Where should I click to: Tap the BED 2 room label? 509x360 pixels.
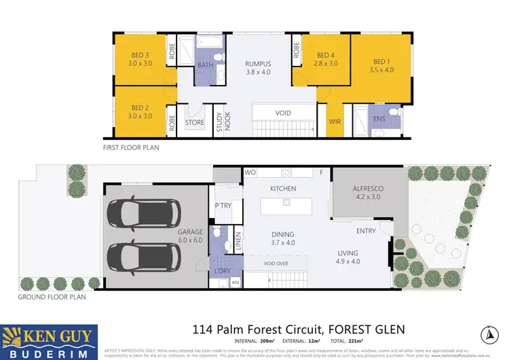tap(140, 107)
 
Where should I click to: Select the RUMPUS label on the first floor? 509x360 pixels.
tap(257, 65)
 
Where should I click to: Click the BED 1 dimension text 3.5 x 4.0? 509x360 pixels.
tap(382, 69)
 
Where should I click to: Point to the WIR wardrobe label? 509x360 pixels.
tap(334, 122)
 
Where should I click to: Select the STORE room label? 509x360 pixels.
tap(195, 123)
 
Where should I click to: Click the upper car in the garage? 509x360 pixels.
tap(144, 215)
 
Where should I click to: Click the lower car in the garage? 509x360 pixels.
tap(144, 256)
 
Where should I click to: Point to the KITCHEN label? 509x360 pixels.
tap(283, 187)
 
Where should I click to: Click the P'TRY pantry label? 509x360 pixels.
tap(223, 206)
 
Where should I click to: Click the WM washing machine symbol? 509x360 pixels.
tap(235, 282)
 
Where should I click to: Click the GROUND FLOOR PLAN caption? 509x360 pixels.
tap(47, 297)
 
